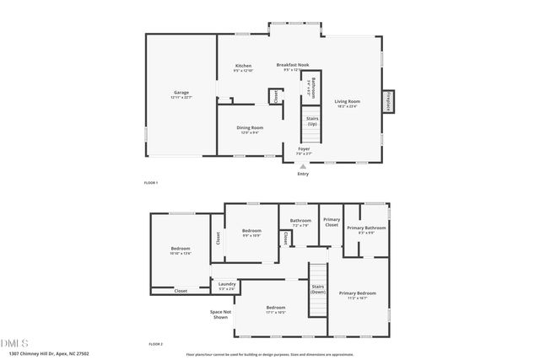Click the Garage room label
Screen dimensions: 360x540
coord(181,93)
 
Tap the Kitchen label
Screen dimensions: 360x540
coord(243,66)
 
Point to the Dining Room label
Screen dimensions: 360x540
coord(250,127)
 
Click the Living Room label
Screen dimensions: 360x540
coord(346,102)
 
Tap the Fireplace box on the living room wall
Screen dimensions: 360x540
coord(388,102)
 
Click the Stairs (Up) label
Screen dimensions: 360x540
coord(311,122)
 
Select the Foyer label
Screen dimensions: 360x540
coord(304,149)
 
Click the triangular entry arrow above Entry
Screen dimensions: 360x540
coord(303,166)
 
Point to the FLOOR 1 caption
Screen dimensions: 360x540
coord(151,182)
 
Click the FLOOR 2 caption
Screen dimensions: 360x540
coord(155,344)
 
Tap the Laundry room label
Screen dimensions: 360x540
coord(226,284)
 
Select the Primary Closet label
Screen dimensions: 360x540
coord(332,223)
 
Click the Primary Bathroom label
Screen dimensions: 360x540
coord(366,228)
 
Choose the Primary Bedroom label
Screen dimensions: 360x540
coord(358,293)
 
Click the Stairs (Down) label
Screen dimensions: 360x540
coord(318,289)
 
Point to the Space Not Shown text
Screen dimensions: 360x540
coord(220,314)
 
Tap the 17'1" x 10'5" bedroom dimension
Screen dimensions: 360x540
coord(276,313)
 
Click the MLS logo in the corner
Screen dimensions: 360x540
coord(14,342)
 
